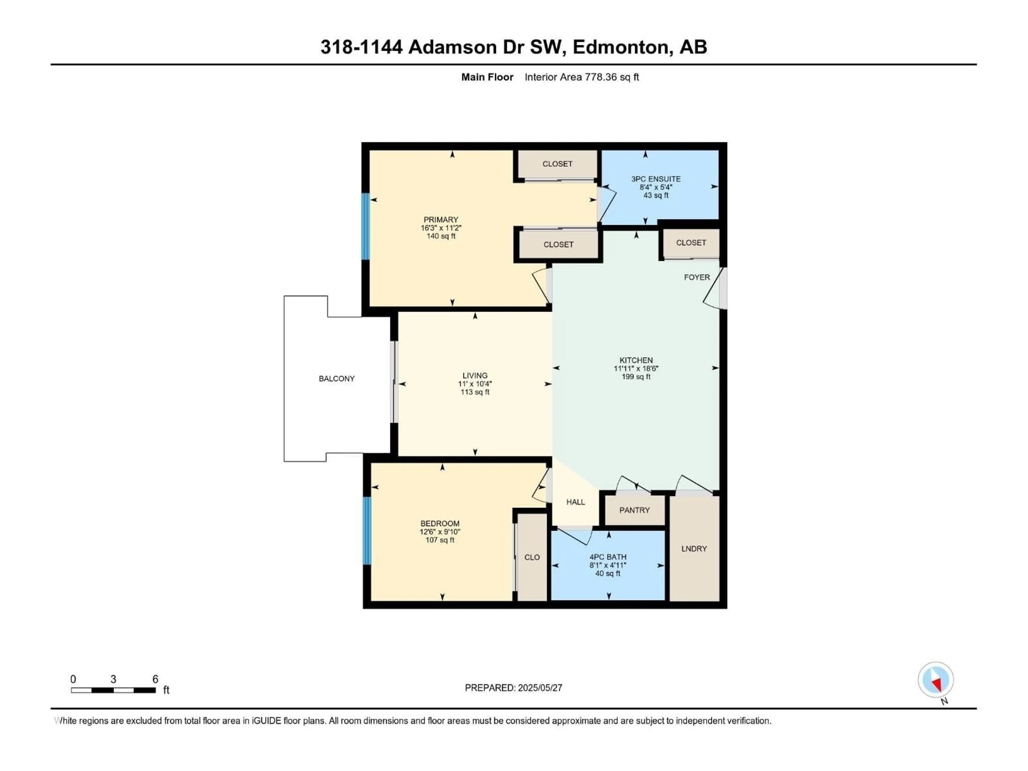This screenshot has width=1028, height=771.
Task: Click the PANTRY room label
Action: click(x=634, y=510)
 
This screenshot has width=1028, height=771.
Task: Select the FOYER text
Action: click(x=697, y=277)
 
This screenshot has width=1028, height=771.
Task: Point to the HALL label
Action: click(x=575, y=502)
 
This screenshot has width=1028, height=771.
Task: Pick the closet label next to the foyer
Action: click(x=691, y=243)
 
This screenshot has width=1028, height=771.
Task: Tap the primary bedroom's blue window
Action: click(x=366, y=226)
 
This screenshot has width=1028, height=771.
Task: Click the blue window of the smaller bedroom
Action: click(x=367, y=531)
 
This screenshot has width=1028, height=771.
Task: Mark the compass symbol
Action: click(x=936, y=680)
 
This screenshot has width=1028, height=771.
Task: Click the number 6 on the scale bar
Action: click(x=155, y=679)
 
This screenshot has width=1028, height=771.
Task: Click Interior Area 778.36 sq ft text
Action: click(x=581, y=77)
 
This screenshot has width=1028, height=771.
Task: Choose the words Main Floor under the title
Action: click(x=487, y=77)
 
